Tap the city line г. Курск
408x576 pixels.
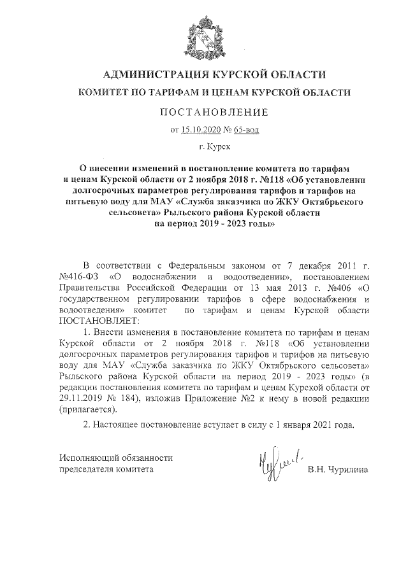point(210,147)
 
